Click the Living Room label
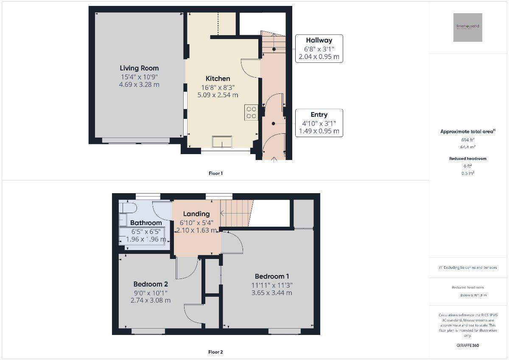(x=139, y=68)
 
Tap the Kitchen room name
(x=218, y=79)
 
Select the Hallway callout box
(x=319, y=48)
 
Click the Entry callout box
(x=319, y=123)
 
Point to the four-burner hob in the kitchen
(x=251, y=112)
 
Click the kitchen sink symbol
(x=222, y=142)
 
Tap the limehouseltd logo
(x=467, y=27)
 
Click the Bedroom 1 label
(x=272, y=276)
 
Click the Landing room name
(x=196, y=214)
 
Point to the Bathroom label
(x=146, y=223)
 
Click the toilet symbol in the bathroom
(x=127, y=207)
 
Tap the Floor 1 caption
(x=215, y=173)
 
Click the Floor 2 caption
(x=215, y=352)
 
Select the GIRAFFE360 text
(x=468, y=345)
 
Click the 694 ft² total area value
(x=467, y=140)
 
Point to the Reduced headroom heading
(x=467, y=158)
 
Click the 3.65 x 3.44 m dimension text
(x=271, y=292)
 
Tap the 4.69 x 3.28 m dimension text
(x=139, y=84)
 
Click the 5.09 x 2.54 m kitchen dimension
(x=218, y=95)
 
